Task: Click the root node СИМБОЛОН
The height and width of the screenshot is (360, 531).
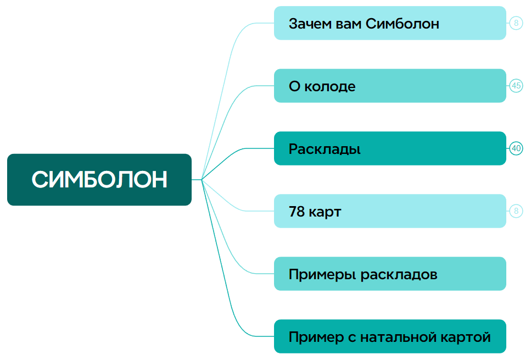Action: pyautogui.click(x=99, y=180)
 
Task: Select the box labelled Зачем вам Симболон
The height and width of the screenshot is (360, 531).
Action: pyautogui.click(x=390, y=23)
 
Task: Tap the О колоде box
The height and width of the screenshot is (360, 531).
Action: pyautogui.click(x=390, y=86)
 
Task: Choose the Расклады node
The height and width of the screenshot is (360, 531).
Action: pyautogui.click(x=390, y=148)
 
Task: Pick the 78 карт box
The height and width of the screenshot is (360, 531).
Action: pyautogui.click(x=390, y=211)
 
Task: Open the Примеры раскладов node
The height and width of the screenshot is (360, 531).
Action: pyautogui.click(x=390, y=274)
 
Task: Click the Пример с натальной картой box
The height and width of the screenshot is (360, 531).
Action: pyautogui.click(x=390, y=336)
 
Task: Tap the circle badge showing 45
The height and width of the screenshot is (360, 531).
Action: pyautogui.click(x=516, y=86)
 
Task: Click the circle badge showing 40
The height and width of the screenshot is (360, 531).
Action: pyautogui.click(x=516, y=148)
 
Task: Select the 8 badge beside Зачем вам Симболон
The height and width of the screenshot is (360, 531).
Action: pyautogui.click(x=516, y=23)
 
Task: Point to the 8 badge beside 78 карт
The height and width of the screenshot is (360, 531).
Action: pyautogui.click(x=516, y=211)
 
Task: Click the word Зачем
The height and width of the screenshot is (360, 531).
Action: pyautogui.click(x=310, y=24)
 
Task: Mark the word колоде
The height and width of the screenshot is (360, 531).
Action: pyautogui.click(x=330, y=87)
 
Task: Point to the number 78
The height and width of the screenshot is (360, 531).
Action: pyautogui.click(x=297, y=212)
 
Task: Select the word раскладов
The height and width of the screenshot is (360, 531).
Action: pyautogui.click(x=399, y=275)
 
